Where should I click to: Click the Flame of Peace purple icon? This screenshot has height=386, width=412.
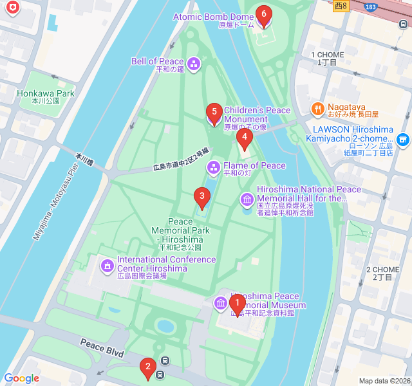pyautogui.click(x=213, y=168)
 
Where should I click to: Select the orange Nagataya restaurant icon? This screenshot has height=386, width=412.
pyautogui.click(x=317, y=109)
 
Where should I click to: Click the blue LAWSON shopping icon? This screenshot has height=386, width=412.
pyautogui.click(x=403, y=139)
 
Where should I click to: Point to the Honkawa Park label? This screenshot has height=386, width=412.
pyautogui.click(x=46, y=93)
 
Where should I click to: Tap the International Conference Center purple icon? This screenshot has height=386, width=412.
pyautogui.click(x=107, y=264)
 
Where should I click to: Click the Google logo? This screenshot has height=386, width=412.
pyautogui.click(x=21, y=378)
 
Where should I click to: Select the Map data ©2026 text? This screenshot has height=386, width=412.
pyautogui.click(x=384, y=381)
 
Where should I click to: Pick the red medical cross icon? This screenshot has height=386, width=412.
pyautogui.click(x=12, y=8)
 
